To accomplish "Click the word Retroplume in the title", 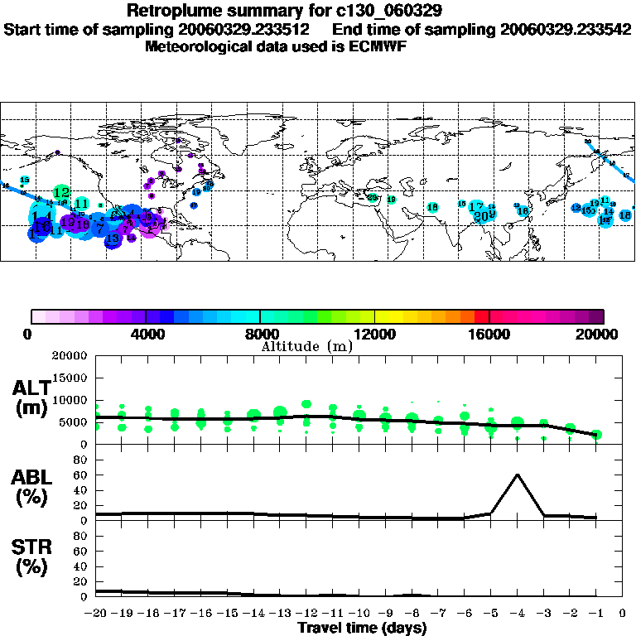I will click(x=169, y=11).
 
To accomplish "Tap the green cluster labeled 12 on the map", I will click(x=61, y=192).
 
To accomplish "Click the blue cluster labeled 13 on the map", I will click(x=113, y=239).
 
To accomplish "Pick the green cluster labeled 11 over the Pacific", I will click(x=81, y=203).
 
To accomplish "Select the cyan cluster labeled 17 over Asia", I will click(x=475, y=207).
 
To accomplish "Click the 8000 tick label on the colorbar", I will click(x=260, y=335).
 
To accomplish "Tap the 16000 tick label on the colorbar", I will click(x=489, y=335).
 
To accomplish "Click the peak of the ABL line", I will click(x=518, y=475).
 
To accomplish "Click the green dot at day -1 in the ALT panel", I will click(x=596, y=435).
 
